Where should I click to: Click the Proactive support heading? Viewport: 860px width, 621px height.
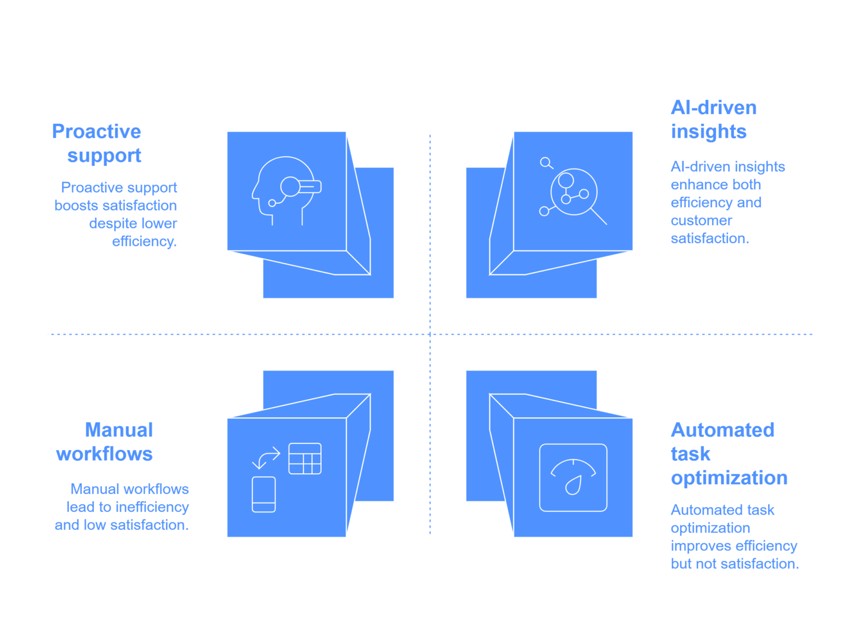click(97, 143)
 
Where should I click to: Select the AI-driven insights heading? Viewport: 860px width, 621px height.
click(714, 119)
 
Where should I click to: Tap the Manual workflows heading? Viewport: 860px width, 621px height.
click(105, 442)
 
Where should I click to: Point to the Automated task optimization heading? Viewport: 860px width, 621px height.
click(729, 454)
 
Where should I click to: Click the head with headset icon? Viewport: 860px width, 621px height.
click(287, 190)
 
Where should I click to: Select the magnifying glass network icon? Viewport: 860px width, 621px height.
click(573, 191)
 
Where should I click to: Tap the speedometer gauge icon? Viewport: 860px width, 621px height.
click(573, 477)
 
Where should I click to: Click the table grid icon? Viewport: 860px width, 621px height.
click(305, 459)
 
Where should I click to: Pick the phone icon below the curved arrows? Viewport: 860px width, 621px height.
click(264, 494)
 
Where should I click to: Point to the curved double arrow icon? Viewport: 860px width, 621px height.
click(266, 458)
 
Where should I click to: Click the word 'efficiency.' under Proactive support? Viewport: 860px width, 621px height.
click(144, 241)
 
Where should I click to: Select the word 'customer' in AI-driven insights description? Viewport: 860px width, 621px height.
click(702, 221)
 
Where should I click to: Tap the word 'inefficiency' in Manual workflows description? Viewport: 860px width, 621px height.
click(152, 507)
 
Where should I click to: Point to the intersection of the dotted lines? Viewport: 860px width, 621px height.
click(430, 334)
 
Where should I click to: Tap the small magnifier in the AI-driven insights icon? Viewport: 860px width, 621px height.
click(546, 163)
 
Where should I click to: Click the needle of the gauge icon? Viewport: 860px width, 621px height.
click(574, 485)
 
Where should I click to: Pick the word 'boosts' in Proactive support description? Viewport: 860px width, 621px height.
click(76, 206)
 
